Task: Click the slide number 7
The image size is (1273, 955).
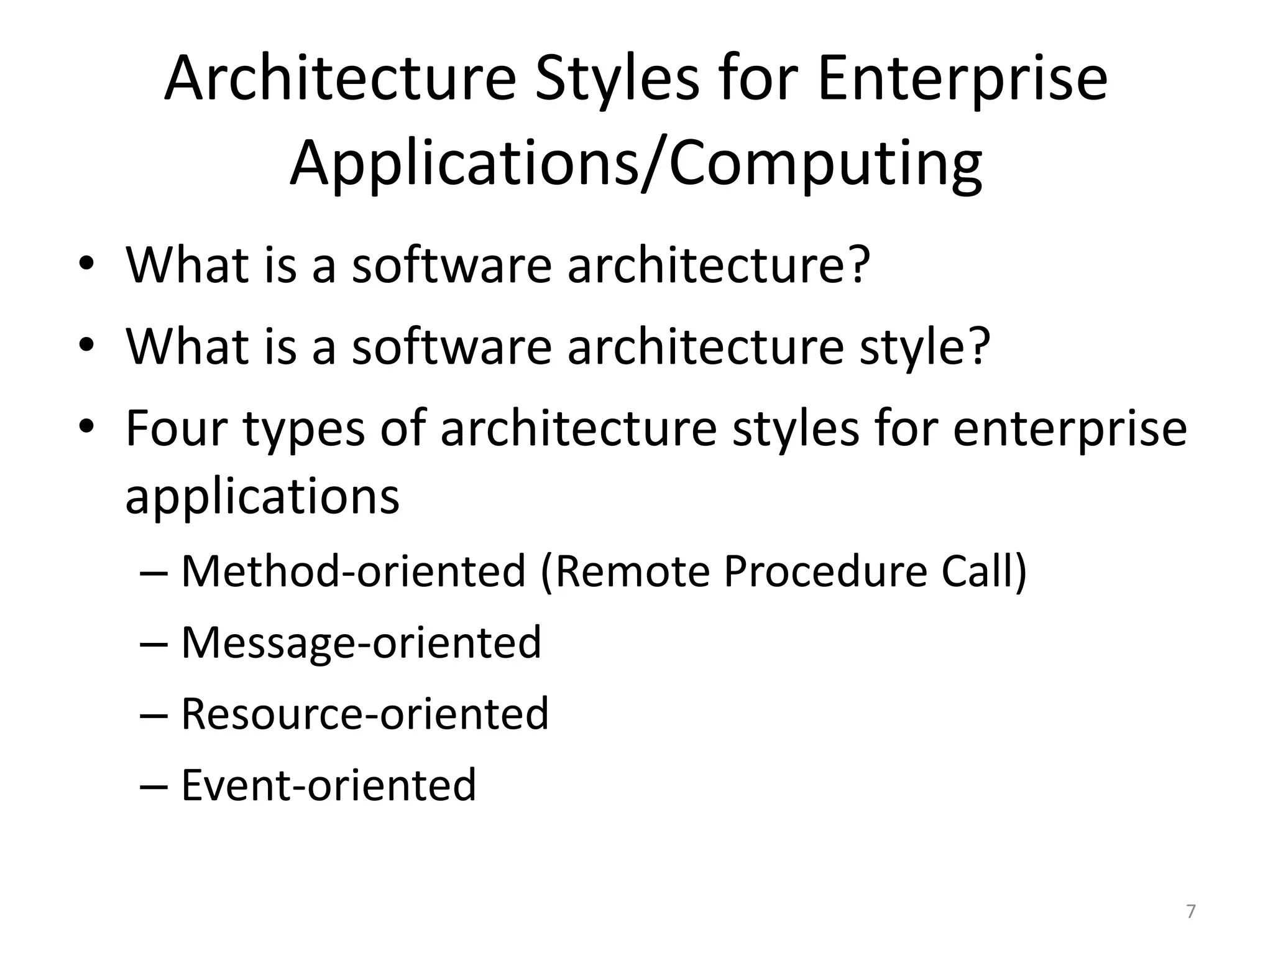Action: [x=1190, y=911]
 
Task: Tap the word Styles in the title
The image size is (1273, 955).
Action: [x=617, y=79]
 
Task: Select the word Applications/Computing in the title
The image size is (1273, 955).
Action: [x=636, y=164]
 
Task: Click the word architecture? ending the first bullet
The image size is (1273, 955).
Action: [x=718, y=265]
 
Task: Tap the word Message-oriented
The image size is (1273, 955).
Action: [x=361, y=642]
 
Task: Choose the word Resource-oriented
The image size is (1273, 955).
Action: [x=365, y=713]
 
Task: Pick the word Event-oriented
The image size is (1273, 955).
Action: [x=328, y=785]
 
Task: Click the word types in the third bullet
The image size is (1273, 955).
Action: [x=303, y=430]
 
